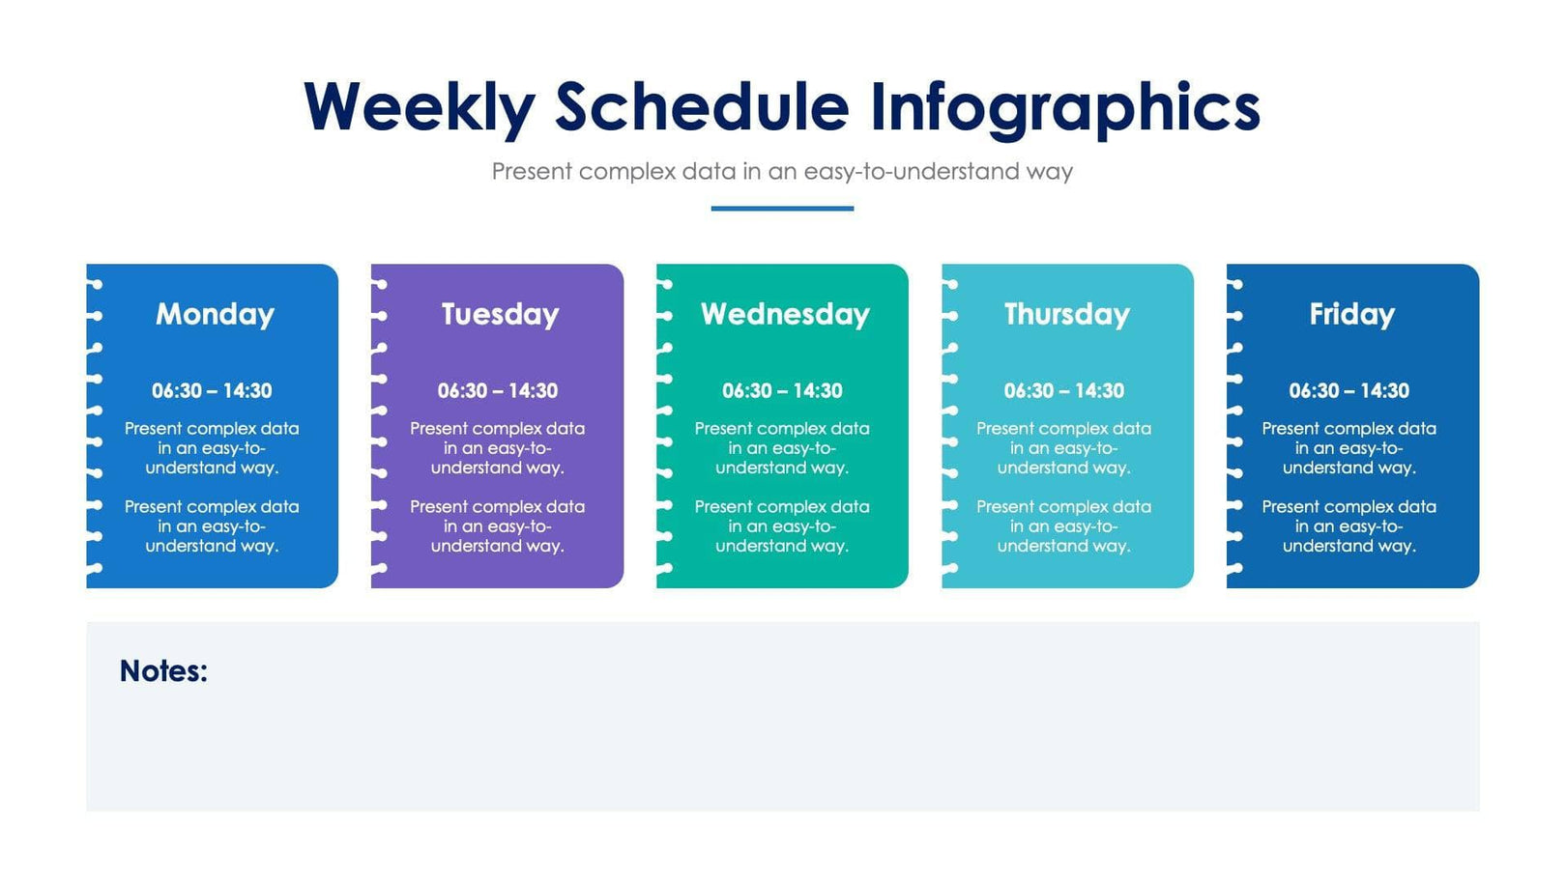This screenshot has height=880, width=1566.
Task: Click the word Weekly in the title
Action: coord(419,107)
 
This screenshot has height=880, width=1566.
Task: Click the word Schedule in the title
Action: coord(702,107)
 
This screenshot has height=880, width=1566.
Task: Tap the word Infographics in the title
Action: coord(1064,107)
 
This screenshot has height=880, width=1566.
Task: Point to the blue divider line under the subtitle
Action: coord(782,208)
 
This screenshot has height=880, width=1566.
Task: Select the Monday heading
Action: coord(215,314)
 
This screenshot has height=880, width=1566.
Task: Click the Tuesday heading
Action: coord(500,314)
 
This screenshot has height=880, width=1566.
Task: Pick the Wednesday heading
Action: coord(785,314)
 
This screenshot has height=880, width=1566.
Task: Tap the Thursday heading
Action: coord(1066,314)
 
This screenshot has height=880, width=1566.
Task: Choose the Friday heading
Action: coord(1351,314)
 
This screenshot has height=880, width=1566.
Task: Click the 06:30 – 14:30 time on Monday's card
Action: coord(212,391)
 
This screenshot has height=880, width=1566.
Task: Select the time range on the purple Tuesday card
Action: coord(497,391)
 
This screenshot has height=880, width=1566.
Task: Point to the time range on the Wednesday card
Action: coord(782,391)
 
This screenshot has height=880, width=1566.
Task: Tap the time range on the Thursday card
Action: coord(1063,391)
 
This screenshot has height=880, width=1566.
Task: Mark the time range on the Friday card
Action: coord(1348,391)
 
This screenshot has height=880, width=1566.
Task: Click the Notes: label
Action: coord(163,671)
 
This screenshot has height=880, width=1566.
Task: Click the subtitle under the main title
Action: coord(782,172)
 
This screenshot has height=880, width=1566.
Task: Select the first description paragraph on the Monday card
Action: coord(212,448)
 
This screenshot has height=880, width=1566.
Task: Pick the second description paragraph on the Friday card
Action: coord(1348,526)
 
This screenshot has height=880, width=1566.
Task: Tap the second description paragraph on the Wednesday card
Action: coord(782,526)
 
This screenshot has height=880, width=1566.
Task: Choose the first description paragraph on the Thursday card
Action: coord(1063,448)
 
